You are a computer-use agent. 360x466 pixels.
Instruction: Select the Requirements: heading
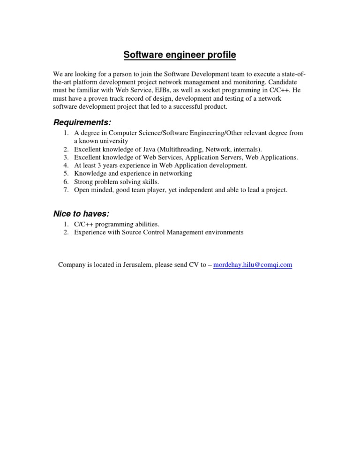pos(82,122)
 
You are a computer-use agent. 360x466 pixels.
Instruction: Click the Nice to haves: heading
pos(82,214)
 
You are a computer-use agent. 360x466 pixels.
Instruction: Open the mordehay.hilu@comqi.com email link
pos(253,265)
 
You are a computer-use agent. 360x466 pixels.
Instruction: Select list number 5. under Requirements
pos(66,173)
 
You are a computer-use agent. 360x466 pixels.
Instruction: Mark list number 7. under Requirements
pos(66,190)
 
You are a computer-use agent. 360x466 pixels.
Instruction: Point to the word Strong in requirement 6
pos(84,182)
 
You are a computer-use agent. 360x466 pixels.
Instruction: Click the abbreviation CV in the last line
pos(194,265)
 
